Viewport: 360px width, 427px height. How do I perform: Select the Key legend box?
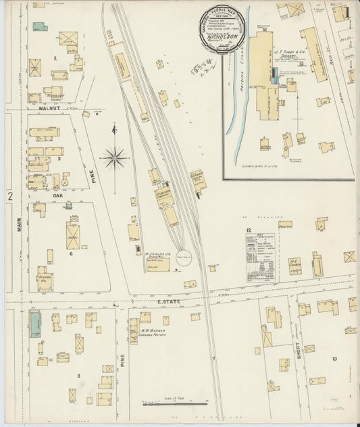point(261,257)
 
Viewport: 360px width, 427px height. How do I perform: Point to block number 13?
point(334,359)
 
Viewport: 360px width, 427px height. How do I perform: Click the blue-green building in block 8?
point(34,324)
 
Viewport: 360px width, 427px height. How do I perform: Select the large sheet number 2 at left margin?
point(10,196)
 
